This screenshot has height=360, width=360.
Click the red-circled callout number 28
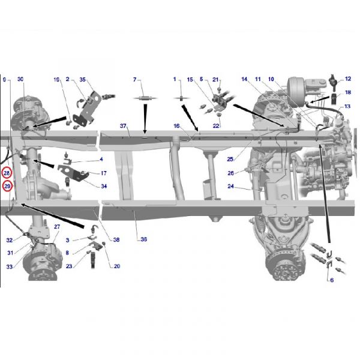(x=7, y=173)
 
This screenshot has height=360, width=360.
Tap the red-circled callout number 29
(x=7, y=186)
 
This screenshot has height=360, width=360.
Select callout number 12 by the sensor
(x=348, y=79)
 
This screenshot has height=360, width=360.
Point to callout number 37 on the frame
(x=123, y=126)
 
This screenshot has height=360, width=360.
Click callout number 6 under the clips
(x=332, y=280)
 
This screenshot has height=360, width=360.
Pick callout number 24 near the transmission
(x=230, y=186)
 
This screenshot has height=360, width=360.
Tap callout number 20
(x=117, y=266)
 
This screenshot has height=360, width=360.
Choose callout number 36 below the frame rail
(x=144, y=239)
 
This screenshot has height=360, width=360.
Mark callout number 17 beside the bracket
(x=104, y=173)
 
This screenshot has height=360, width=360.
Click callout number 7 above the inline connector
(x=135, y=79)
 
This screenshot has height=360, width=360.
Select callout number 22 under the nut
(x=216, y=126)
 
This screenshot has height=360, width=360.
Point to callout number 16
(x=176, y=126)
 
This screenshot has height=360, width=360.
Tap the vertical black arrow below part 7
(x=145, y=119)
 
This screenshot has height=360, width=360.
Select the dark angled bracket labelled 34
(x=73, y=173)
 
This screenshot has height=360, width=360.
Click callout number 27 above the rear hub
(x=57, y=227)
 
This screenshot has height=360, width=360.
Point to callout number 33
(x=9, y=266)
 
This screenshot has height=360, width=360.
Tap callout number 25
(x=230, y=159)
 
